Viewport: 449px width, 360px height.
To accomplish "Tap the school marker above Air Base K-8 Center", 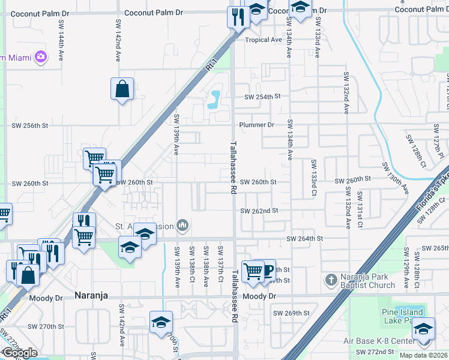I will pos(424,330).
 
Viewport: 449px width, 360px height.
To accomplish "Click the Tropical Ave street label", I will pos(263,40).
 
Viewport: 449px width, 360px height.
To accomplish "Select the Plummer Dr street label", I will pos(256,125).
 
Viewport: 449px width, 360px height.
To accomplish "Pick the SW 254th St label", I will pos(262,97).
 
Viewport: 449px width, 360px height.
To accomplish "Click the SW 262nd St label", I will pos(259,211).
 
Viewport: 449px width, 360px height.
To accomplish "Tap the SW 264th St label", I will pos(304,239).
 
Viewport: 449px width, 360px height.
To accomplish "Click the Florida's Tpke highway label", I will pos(430,203).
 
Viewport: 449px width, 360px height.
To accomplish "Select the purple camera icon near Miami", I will pos(41,57).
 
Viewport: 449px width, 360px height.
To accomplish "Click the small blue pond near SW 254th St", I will pos(213,98).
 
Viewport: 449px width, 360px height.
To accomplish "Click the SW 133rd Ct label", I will pos(313,178).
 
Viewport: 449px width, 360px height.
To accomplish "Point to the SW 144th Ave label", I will pos(62,41).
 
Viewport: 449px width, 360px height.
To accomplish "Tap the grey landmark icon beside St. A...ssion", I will pos(182,226).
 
